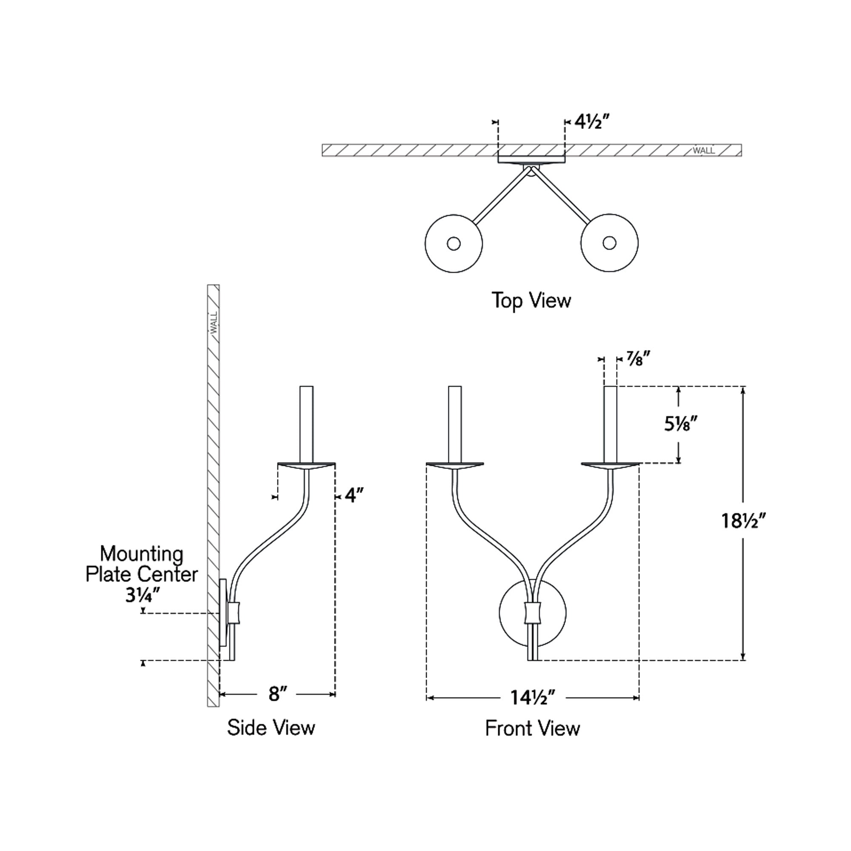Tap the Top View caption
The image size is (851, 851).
pyautogui.click(x=531, y=300)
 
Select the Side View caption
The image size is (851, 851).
pyautogui.click(x=271, y=727)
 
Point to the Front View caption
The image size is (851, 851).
pyautogui.click(x=532, y=728)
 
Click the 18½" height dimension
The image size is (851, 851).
pyautogui.click(x=743, y=521)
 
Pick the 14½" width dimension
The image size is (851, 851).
pyautogui.click(x=533, y=698)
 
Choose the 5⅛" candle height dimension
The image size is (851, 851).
pyautogui.click(x=681, y=424)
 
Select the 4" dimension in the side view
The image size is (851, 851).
pyautogui.click(x=354, y=496)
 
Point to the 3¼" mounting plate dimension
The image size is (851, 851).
pyautogui.click(x=142, y=596)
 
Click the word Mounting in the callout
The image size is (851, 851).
pyautogui.click(x=141, y=554)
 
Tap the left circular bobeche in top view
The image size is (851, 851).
pyautogui.click(x=453, y=243)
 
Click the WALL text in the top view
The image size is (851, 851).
pyautogui.click(x=703, y=151)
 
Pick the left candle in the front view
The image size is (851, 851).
pyautogui.click(x=454, y=424)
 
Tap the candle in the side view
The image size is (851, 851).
pyautogui.click(x=306, y=424)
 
